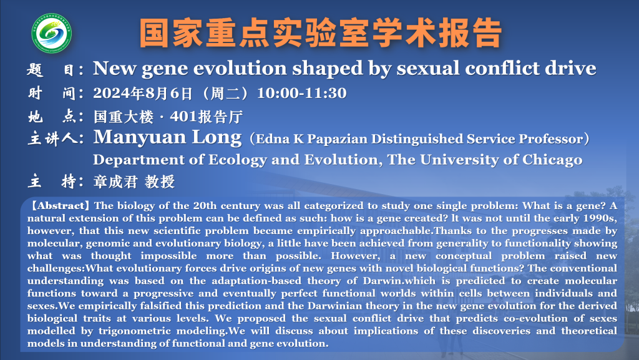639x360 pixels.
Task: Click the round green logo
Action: click(52, 33)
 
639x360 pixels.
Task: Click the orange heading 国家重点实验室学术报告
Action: click(320, 33)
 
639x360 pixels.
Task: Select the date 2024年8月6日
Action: click(143, 93)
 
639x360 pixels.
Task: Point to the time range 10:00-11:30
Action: click(301, 93)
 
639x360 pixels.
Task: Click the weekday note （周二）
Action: click(225, 93)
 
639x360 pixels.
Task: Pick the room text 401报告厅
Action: click(206, 117)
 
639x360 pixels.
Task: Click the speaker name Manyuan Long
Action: click(167, 138)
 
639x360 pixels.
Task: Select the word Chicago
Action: click(552, 160)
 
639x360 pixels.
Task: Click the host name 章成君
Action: click(115, 182)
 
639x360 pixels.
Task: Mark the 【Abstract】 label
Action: click(59, 206)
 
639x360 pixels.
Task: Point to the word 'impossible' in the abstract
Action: click(168, 256)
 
